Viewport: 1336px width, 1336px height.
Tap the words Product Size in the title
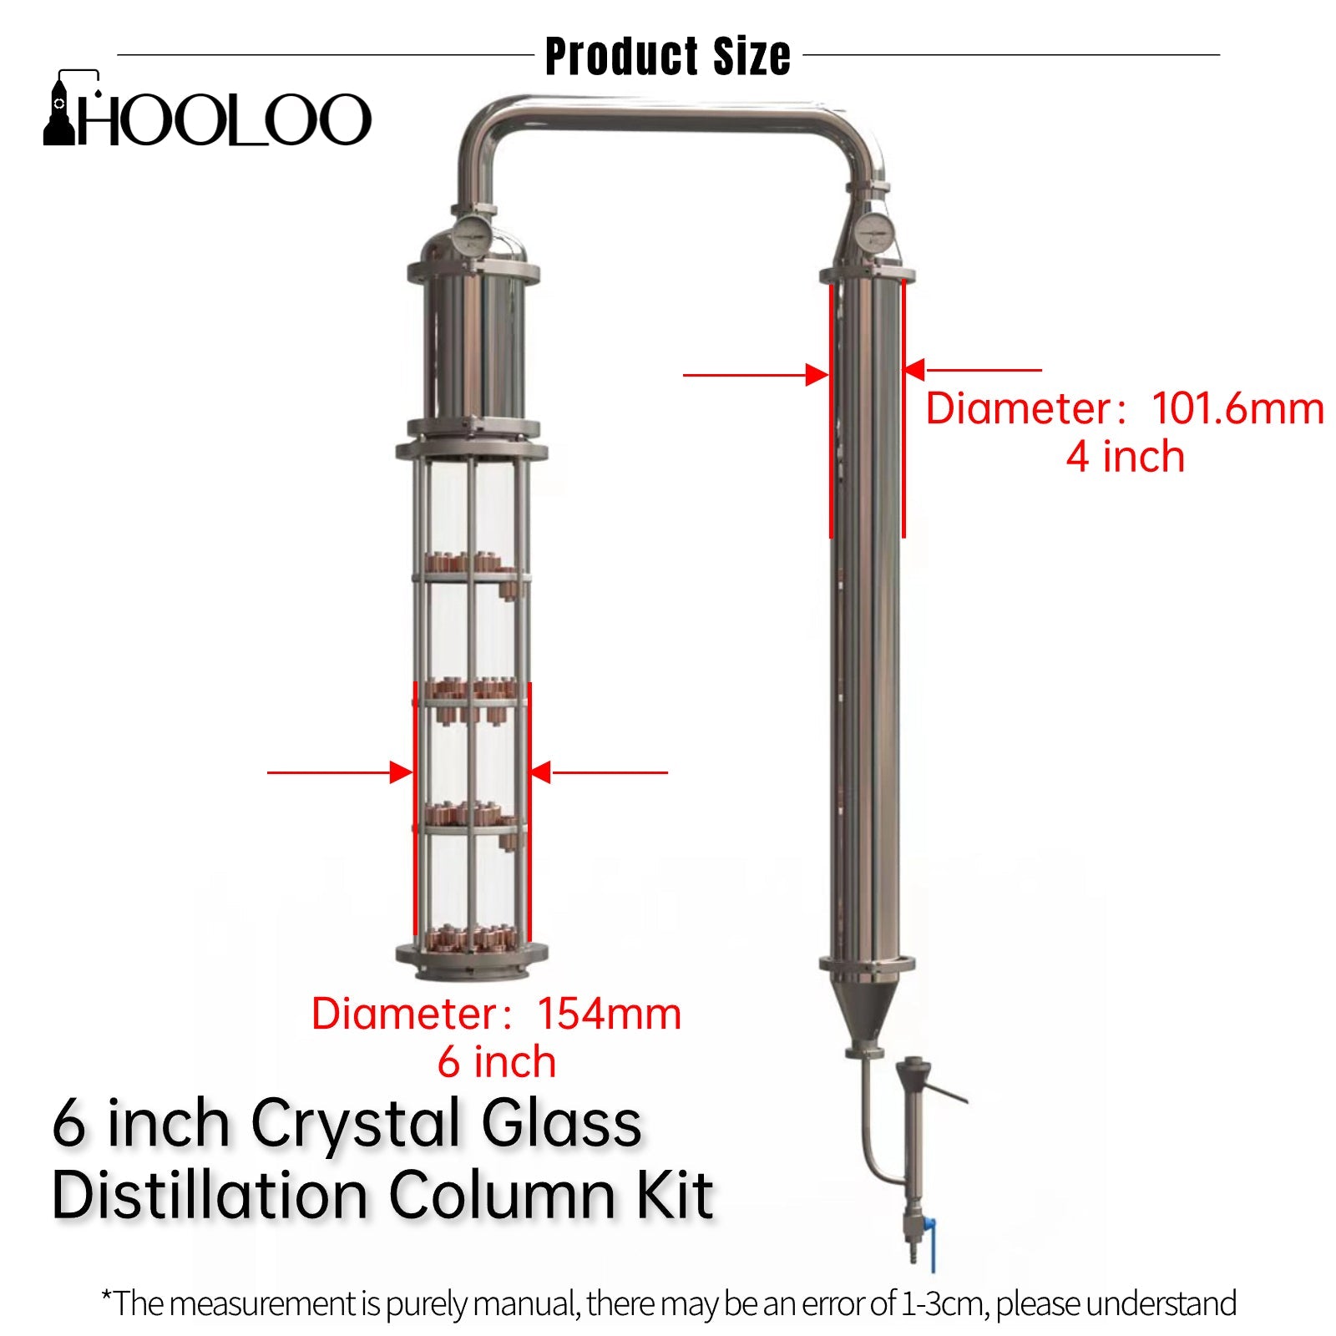[667, 57]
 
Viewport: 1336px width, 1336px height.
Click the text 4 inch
[1125, 457]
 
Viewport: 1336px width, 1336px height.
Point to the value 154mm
[609, 1014]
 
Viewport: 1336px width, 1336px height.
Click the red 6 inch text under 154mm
[497, 1062]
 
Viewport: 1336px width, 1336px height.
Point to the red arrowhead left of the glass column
[402, 772]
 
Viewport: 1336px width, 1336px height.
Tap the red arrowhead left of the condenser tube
[817, 375]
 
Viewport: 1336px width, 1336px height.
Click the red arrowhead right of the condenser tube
[914, 369]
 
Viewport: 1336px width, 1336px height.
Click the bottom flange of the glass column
[472, 960]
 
